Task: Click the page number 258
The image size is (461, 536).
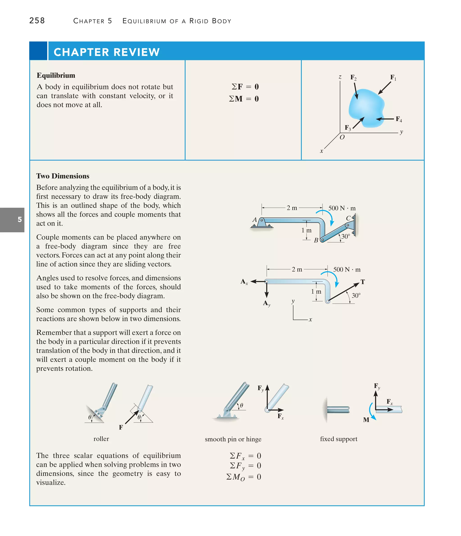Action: (37, 21)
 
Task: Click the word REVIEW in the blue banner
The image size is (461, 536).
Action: (137, 52)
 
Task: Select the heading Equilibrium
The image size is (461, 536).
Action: (56, 75)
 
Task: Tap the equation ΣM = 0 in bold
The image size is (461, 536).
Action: (244, 99)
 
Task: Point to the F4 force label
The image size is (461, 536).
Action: (398, 119)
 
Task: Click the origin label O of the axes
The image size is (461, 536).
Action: (342, 137)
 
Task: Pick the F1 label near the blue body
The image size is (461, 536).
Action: (393, 77)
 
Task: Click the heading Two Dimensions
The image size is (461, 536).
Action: (63, 176)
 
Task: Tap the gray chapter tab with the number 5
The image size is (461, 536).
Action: (12, 220)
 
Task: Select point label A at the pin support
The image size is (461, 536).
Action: (255, 220)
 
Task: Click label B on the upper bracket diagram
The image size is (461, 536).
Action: (316, 240)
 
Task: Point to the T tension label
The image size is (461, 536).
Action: (363, 282)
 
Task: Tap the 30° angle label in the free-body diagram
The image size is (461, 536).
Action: (356, 295)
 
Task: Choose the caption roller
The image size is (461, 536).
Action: (101, 439)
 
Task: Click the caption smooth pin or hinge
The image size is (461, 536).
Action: (233, 439)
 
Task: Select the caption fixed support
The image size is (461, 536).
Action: (339, 439)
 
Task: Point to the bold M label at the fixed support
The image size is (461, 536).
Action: (366, 420)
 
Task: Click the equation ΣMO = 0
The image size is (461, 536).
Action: (244, 477)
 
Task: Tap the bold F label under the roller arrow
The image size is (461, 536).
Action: (121, 427)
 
